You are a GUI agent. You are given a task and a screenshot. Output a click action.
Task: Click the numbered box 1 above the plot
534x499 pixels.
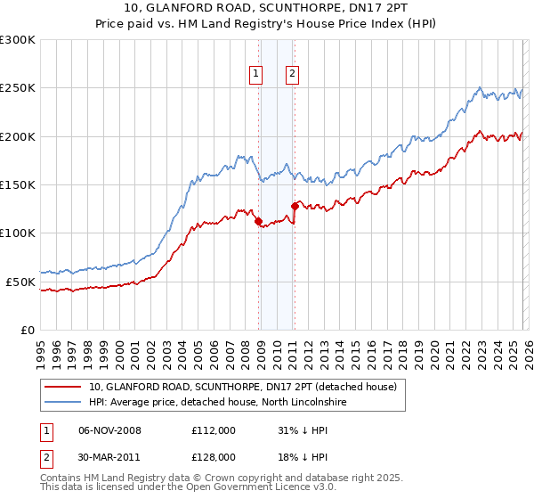(x=256, y=75)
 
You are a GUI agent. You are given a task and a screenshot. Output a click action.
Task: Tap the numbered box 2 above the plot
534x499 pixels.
(x=292, y=75)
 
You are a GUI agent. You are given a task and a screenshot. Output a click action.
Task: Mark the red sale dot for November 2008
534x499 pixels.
(x=258, y=221)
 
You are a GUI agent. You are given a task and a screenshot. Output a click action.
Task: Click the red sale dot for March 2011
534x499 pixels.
(x=295, y=206)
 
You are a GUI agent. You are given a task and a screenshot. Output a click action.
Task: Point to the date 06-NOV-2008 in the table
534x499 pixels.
(x=109, y=430)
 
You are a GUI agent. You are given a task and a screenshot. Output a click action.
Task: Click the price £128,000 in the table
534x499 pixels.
(x=213, y=456)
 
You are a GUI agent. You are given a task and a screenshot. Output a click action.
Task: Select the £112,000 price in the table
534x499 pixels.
(x=213, y=430)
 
